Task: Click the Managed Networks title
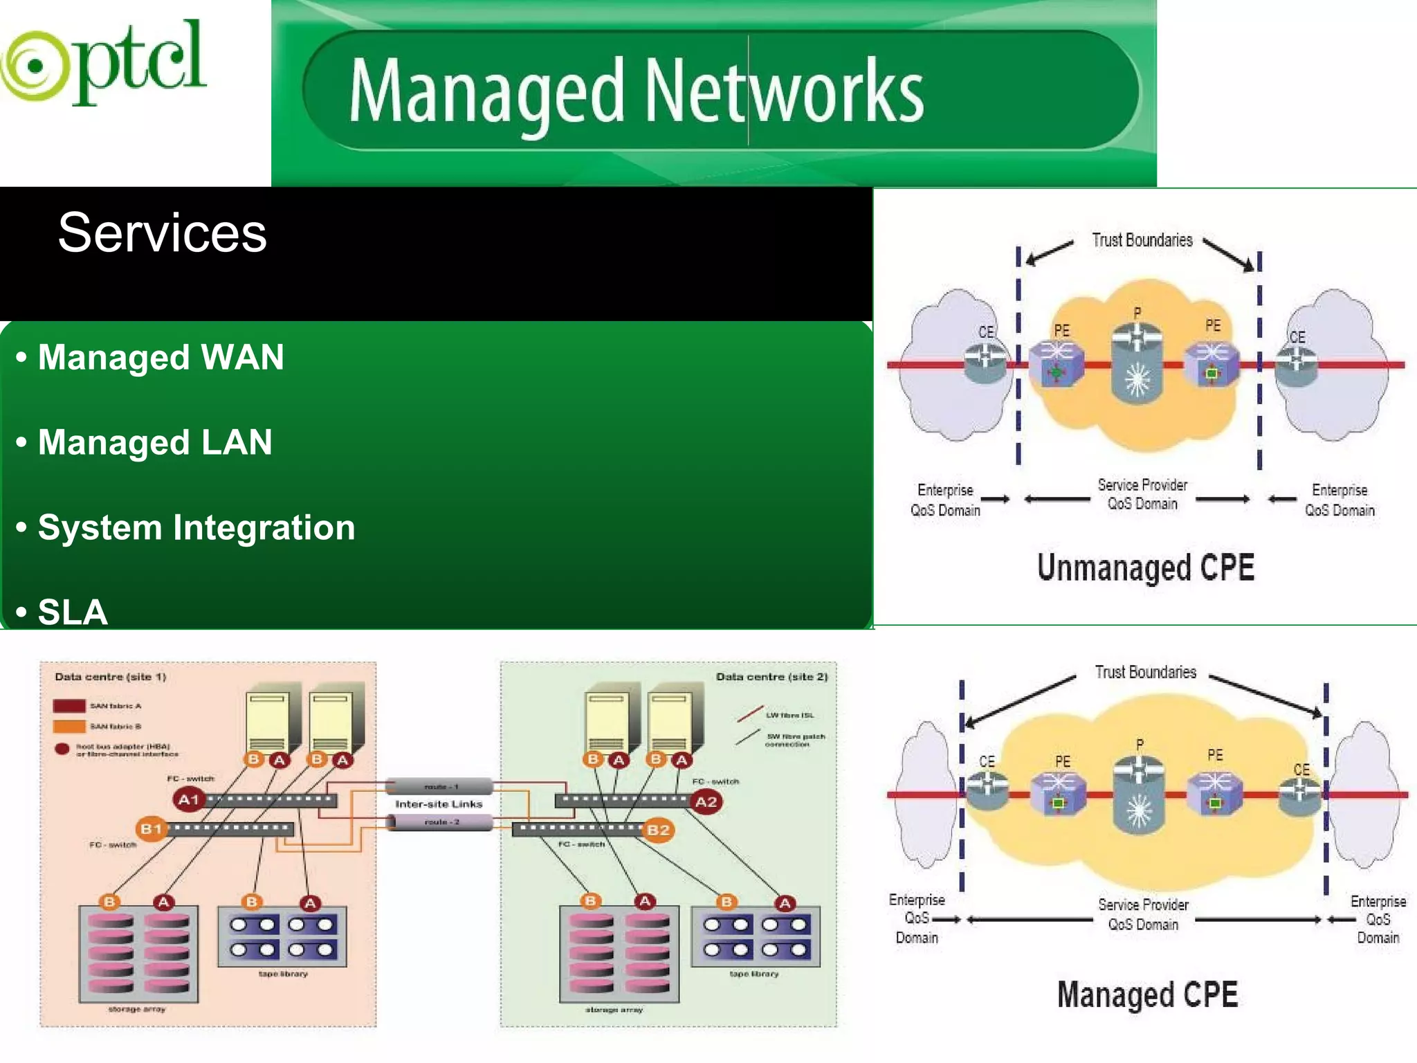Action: [635, 91]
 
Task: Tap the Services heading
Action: [162, 233]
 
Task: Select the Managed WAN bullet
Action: [161, 358]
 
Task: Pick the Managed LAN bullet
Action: [155, 443]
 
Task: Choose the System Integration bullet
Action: [196, 528]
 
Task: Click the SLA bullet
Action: [72, 612]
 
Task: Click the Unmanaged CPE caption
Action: [1145, 567]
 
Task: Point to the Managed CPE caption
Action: [1147, 994]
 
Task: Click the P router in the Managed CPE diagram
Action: [1139, 792]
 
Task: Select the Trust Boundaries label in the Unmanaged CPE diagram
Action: [1142, 240]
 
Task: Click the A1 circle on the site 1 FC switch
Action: [188, 800]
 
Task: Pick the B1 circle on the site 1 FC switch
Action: [152, 828]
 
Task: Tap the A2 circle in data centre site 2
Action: [706, 802]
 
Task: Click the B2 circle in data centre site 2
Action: [658, 830]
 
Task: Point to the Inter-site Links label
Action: [439, 804]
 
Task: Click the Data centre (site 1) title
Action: [111, 677]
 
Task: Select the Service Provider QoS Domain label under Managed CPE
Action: [1143, 914]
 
